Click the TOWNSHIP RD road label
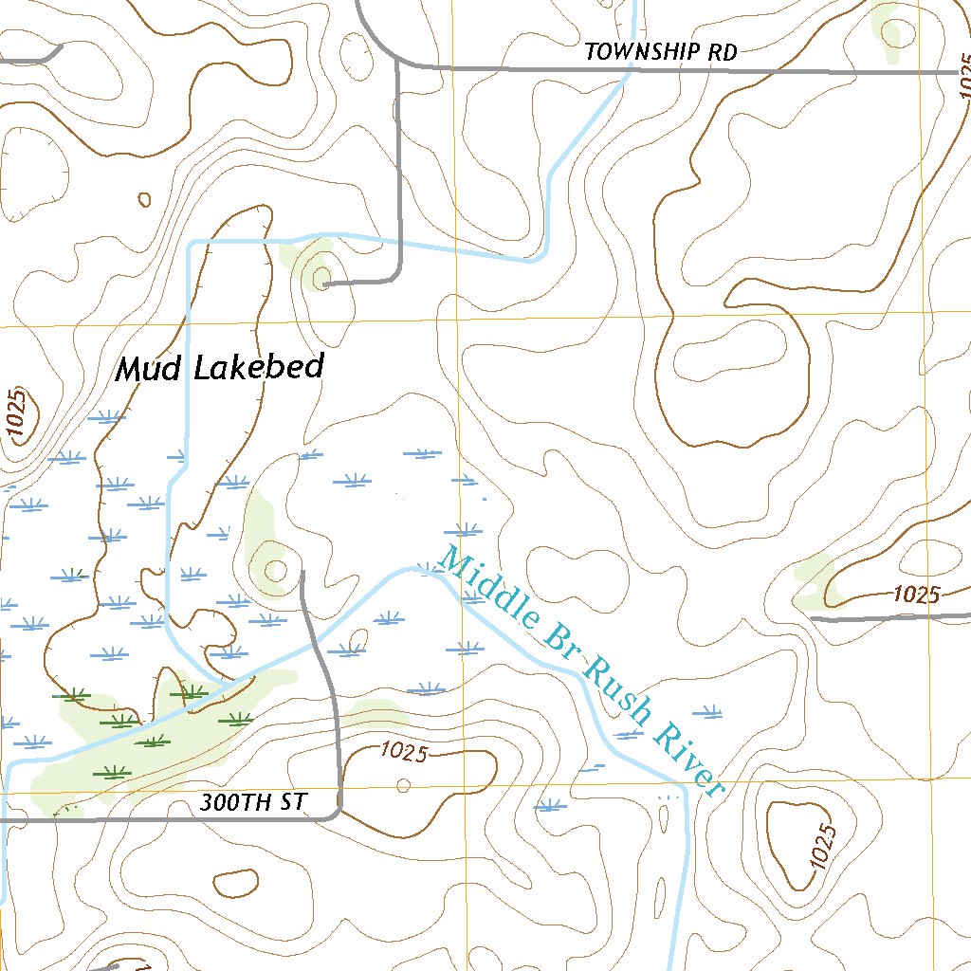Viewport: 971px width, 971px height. tap(660, 52)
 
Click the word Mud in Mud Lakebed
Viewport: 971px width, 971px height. tap(149, 369)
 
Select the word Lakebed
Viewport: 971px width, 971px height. tap(259, 366)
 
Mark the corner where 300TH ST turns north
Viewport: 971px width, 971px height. tap(338, 814)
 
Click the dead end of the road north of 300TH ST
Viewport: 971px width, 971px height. tap(302, 574)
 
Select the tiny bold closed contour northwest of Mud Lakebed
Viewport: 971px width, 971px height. tap(144, 199)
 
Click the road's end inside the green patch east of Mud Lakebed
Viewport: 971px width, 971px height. tap(324, 283)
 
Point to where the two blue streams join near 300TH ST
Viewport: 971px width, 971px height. tap(224, 682)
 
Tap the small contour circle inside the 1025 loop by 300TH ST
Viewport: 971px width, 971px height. tap(404, 784)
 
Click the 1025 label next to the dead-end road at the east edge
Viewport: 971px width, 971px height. tap(916, 595)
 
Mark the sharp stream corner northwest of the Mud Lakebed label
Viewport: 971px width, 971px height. tap(192, 244)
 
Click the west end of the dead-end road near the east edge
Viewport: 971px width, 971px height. tap(814, 618)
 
